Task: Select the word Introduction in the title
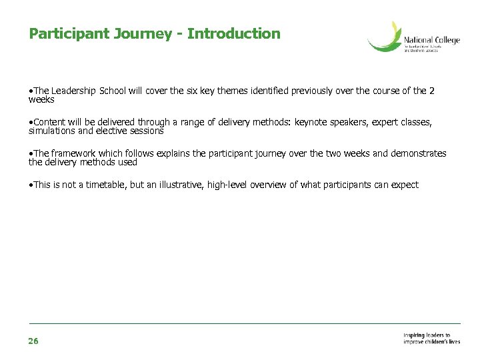pyautogui.click(x=234, y=33)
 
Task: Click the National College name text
pyautogui.click(x=431, y=41)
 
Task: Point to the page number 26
pyautogui.click(x=33, y=341)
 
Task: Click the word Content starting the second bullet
pyautogui.click(x=49, y=123)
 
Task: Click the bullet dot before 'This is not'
pyautogui.click(x=31, y=185)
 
